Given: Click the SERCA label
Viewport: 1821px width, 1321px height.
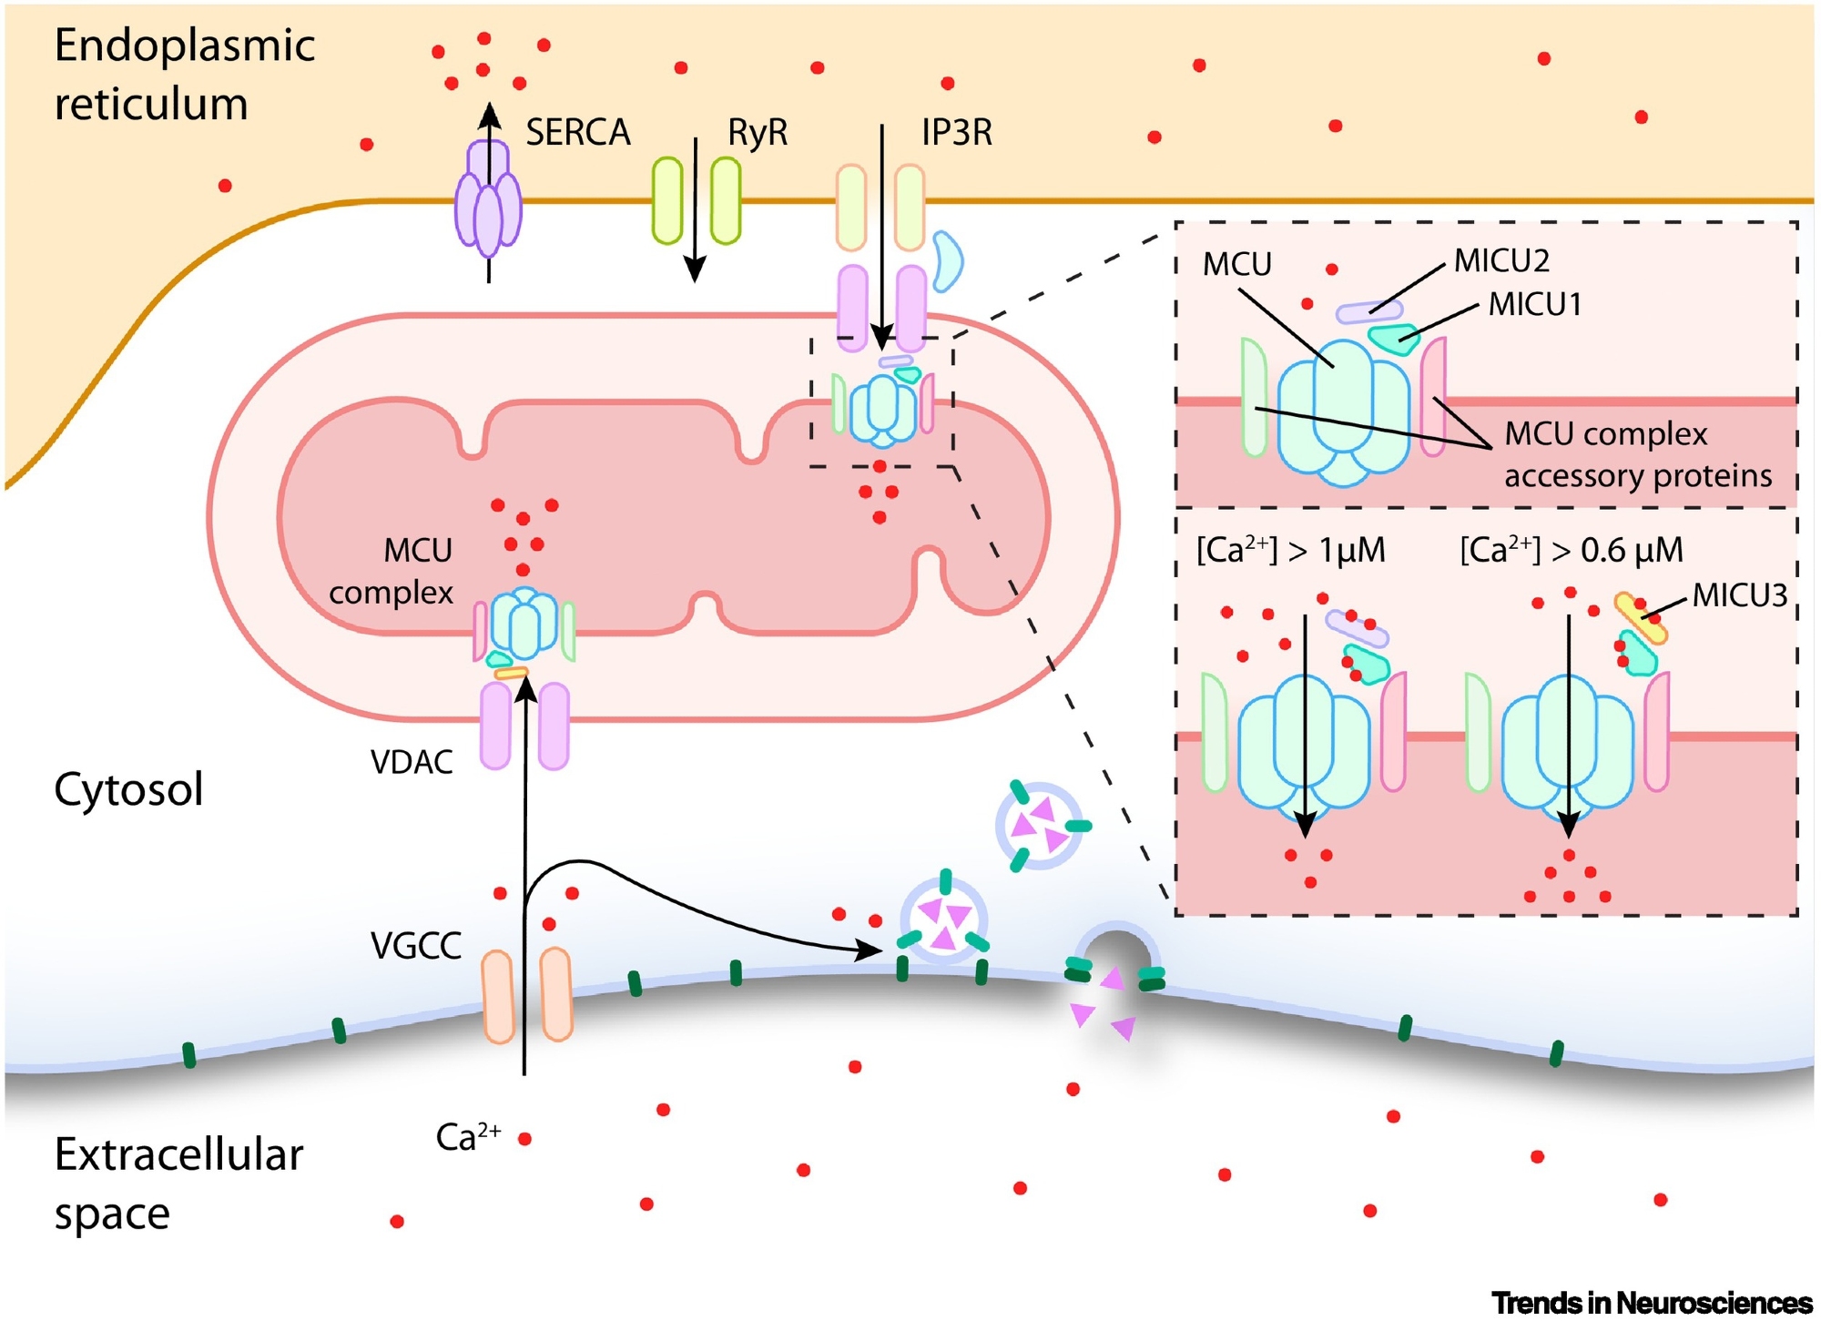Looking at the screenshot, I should click(x=577, y=133).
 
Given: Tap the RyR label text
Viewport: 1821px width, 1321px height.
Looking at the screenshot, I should click(x=757, y=133).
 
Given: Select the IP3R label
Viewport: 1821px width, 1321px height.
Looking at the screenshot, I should click(x=956, y=133).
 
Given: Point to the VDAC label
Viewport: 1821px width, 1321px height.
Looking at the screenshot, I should click(x=412, y=762).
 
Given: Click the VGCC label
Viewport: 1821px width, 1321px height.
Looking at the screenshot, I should click(x=415, y=946).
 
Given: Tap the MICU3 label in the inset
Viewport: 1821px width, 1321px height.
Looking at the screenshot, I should click(x=1739, y=595).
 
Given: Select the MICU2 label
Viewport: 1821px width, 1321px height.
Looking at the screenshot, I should click(x=1501, y=261).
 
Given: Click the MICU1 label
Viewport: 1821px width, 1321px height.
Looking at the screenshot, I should click(x=1535, y=305).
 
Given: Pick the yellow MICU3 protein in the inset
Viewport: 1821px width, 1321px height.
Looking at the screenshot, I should click(x=1641, y=619).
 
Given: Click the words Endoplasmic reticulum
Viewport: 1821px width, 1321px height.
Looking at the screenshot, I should click(x=184, y=75).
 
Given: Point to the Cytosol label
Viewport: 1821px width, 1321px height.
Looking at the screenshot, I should click(x=128, y=789).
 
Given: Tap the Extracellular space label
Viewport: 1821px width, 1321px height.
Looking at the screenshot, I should click(x=178, y=1184).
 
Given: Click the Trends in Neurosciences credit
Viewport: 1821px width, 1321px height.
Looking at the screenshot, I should click(x=1652, y=1303).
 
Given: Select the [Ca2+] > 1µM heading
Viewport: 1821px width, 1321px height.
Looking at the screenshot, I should click(x=1290, y=550).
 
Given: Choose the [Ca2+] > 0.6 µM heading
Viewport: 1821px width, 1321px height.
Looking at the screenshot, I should click(x=1572, y=550).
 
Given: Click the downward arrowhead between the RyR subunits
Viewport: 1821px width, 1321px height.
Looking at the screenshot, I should click(x=695, y=269).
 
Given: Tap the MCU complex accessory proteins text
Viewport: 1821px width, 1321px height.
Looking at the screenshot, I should click(x=1637, y=454).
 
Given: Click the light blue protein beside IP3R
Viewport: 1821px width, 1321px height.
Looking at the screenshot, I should click(x=947, y=261).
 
